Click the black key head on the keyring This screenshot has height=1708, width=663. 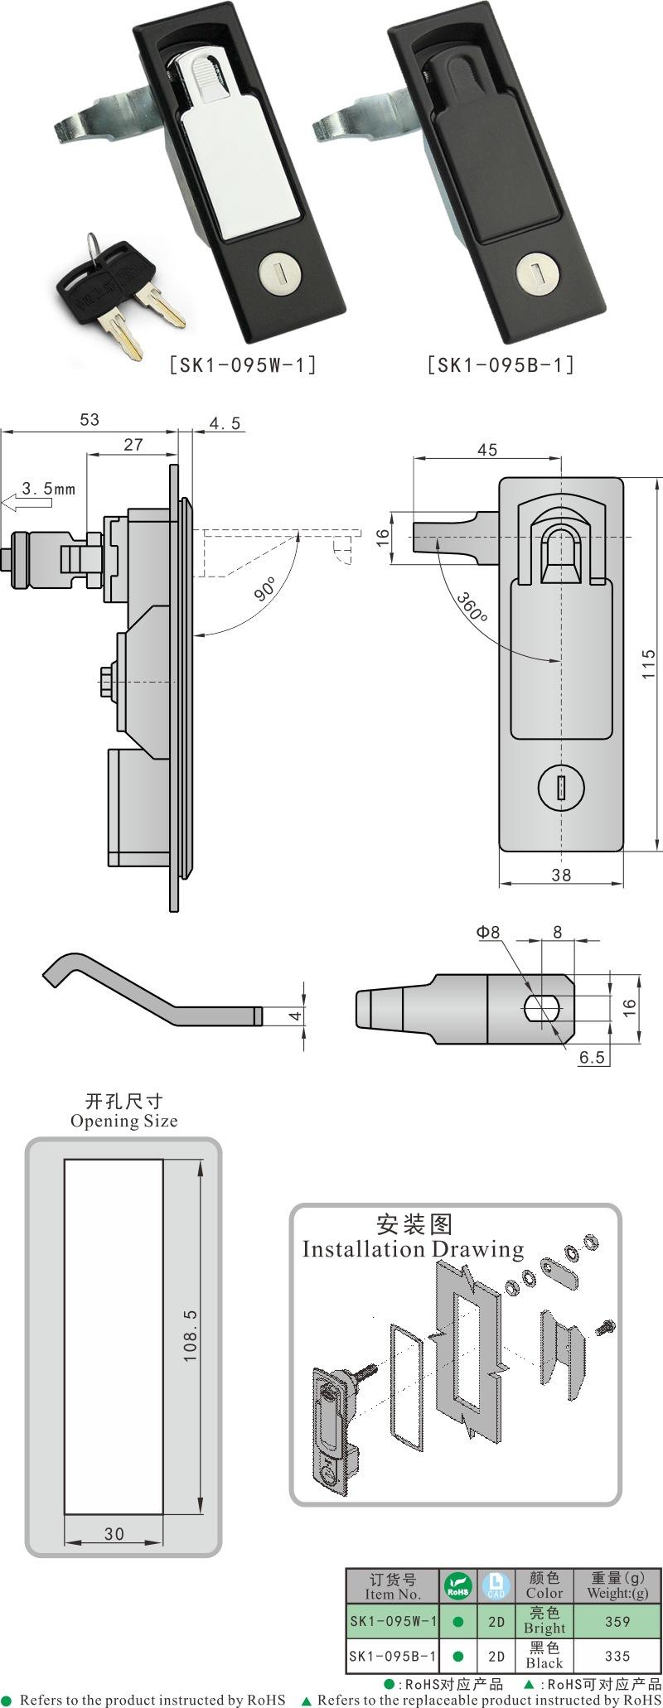click(x=104, y=277)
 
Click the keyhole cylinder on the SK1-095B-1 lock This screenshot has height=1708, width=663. click(x=533, y=271)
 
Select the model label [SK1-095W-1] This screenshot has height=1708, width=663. click(x=243, y=364)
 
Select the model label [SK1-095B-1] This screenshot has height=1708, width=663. click(x=501, y=364)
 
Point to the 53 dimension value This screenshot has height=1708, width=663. click(x=89, y=420)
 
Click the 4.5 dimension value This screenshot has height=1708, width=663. click(x=225, y=424)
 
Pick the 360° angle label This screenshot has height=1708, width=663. click(x=472, y=609)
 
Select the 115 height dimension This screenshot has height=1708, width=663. click(x=649, y=664)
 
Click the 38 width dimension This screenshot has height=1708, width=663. click(x=561, y=875)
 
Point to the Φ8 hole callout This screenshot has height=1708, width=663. click(x=488, y=932)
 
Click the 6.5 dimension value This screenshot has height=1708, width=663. click(x=592, y=1057)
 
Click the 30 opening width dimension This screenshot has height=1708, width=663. click(x=114, y=1534)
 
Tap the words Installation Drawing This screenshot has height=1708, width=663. click(x=413, y=1249)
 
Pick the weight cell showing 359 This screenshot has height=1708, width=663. click(x=617, y=1622)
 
